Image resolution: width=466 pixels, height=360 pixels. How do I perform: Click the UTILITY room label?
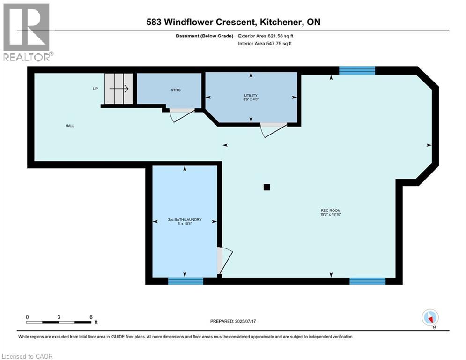[251, 96]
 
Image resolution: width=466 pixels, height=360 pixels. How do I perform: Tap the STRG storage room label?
[176, 90]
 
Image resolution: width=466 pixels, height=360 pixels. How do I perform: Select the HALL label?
[70, 126]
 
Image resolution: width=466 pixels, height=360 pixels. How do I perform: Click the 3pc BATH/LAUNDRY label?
[185, 219]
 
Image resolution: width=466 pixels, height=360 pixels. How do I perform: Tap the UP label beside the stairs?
[95, 89]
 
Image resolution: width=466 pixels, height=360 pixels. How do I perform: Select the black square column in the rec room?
[266, 187]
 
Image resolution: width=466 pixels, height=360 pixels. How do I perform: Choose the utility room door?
[273, 129]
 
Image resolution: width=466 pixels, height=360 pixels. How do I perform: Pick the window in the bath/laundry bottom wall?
[185, 281]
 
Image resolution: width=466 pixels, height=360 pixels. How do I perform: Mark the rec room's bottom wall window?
[367, 281]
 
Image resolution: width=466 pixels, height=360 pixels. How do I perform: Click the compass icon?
[429, 318]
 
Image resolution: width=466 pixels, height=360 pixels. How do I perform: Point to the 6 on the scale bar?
[90, 317]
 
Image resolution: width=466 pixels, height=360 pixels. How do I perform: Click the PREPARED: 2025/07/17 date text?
[234, 321]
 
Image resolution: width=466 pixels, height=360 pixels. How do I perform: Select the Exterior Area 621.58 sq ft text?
[266, 36]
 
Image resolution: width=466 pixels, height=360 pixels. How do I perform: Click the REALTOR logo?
[27, 32]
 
